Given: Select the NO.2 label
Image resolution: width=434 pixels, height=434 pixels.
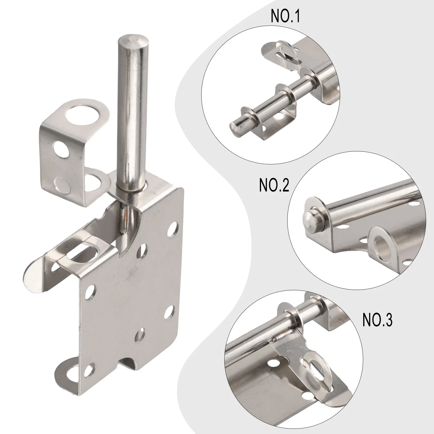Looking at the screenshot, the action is pyautogui.click(x=274, y=186).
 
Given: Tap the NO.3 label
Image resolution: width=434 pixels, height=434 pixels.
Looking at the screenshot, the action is pyautogui.click(x=377, y=320).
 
